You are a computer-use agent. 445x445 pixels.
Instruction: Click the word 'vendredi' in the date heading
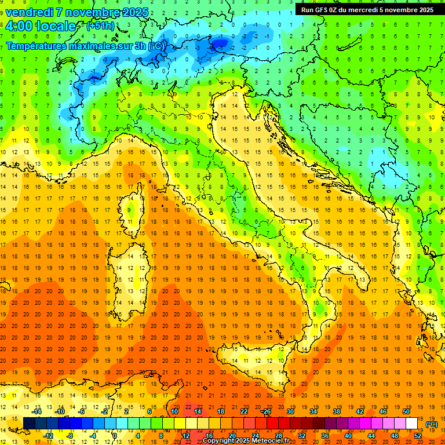point(30,12)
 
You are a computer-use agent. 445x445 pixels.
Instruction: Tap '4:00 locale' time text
point(41,27)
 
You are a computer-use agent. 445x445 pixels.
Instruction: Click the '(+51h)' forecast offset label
point(100,26)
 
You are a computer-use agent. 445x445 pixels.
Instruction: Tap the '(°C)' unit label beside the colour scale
point(432,424)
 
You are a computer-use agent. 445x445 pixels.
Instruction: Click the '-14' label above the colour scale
point(37,411)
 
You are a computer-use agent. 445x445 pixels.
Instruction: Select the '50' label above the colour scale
point(406,411)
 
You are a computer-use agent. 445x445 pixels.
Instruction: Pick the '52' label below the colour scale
point(418,436)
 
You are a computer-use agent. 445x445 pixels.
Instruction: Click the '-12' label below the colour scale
point(48,436)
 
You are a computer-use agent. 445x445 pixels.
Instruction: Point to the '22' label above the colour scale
point(244,411)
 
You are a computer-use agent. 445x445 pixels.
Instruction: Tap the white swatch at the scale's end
point(412,424)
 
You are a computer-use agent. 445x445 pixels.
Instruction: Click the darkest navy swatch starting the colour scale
point(30,424)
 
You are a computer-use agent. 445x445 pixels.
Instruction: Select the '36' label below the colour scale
point(325,436)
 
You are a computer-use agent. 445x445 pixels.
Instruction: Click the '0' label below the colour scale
point(115,436)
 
